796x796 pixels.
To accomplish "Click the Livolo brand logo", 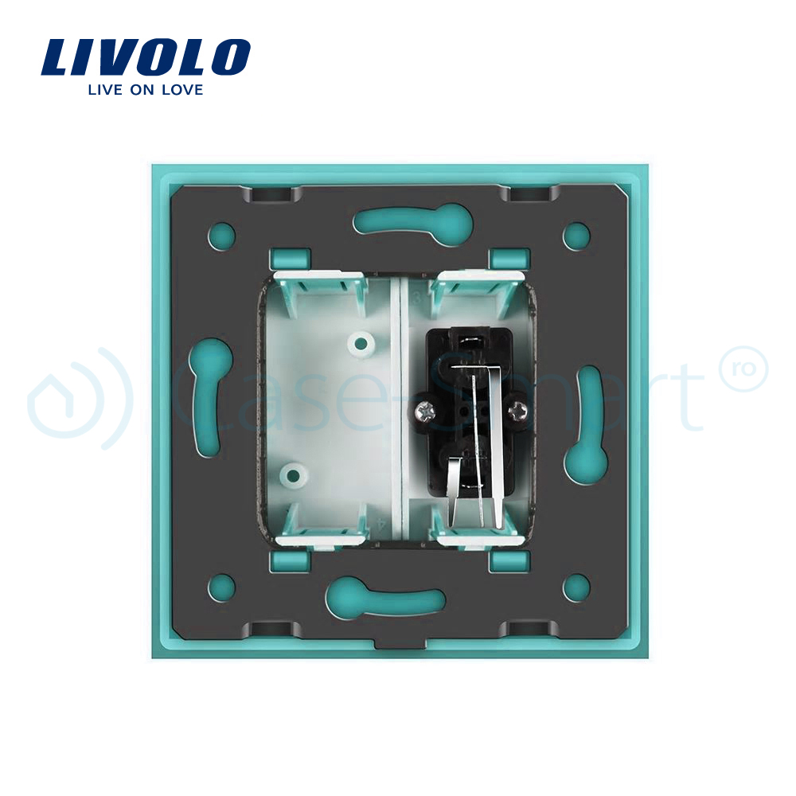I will click(146, 57).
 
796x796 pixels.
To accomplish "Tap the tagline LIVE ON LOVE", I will click(146, 90).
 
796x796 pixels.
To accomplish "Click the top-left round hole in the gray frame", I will click(221, 235).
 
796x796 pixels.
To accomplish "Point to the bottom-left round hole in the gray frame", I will click(221, 588).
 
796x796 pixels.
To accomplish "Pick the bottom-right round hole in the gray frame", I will click(576, 588).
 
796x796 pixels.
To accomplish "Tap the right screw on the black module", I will click(518, 411).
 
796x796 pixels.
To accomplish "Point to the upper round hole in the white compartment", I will click(361, 344).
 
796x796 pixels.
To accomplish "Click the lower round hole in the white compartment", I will click(295, 475).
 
